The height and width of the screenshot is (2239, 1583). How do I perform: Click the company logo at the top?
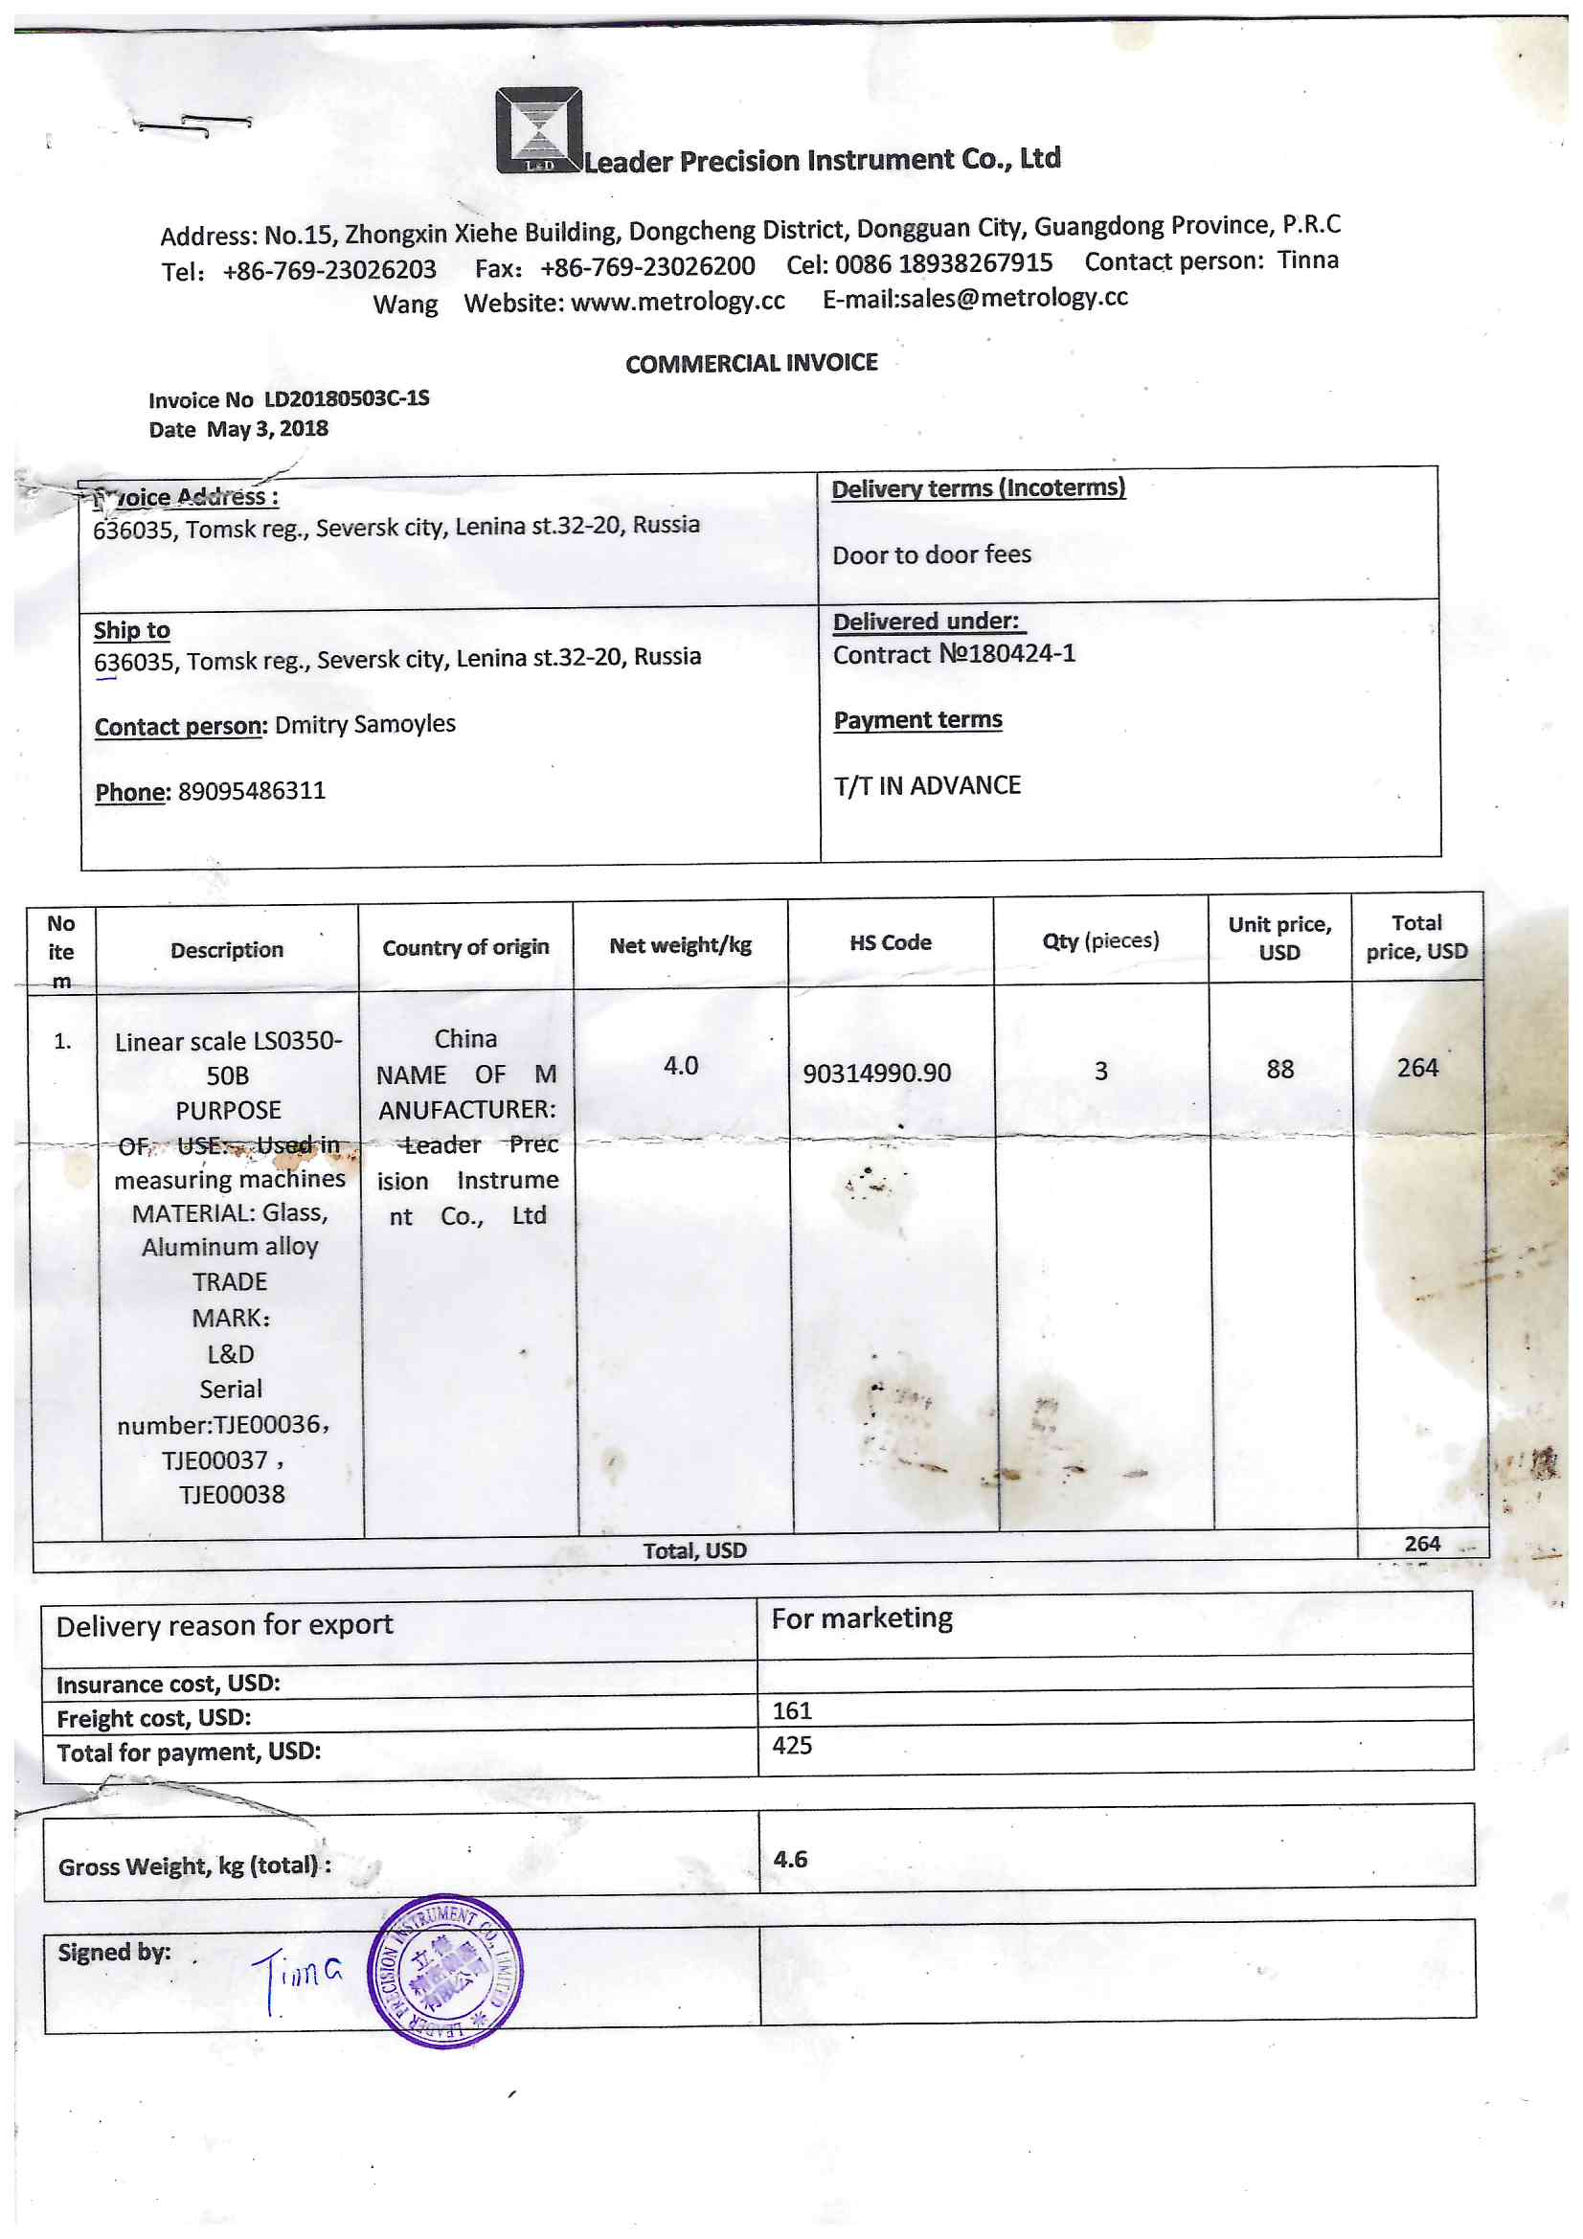538,130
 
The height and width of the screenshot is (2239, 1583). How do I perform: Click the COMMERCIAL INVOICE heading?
751,364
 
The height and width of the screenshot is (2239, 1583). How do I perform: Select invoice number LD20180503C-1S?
347,397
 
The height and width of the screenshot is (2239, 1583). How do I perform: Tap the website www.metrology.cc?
677,302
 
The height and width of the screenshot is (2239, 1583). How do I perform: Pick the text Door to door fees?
932,554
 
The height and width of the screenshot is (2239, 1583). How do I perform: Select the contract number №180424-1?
1006,652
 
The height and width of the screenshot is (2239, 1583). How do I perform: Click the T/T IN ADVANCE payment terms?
927,786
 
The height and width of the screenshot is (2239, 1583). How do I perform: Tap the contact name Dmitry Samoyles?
365,725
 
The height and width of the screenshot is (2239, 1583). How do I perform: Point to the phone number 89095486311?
252,791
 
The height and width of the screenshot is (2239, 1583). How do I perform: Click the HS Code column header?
890,943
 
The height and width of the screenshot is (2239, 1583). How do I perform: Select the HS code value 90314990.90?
876,1074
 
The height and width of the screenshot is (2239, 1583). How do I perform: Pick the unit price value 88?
1279,1070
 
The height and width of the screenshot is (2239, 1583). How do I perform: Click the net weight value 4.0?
681,1066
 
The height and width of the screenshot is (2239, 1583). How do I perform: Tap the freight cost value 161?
792,1711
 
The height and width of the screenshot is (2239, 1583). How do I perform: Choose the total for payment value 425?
792,1746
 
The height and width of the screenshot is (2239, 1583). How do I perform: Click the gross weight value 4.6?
790,1860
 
